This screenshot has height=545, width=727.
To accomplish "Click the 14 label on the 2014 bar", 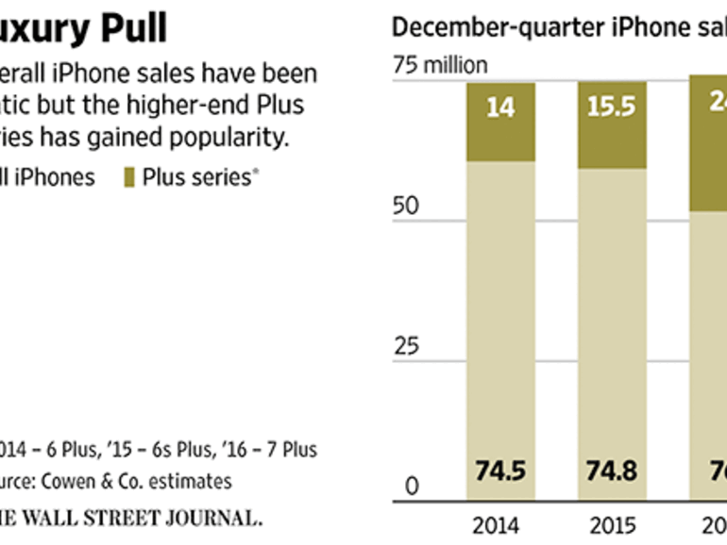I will point(500,107).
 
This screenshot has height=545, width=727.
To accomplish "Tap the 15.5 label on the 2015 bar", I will point(614,107).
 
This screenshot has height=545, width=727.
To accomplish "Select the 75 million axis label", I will point(439,65).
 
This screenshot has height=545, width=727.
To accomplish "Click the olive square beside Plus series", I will point(129,176).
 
